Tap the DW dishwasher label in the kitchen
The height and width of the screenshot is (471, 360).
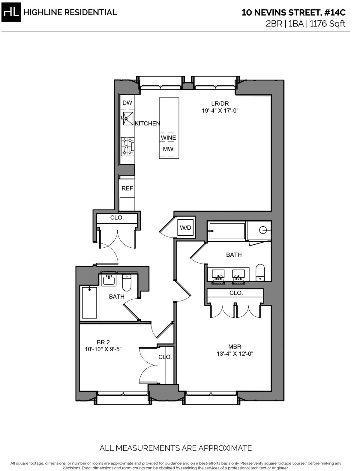pos(127,103)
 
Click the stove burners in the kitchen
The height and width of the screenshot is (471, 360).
pos(127,146)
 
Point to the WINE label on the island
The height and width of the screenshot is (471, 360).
pos(168,138)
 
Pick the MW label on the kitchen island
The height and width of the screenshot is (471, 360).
pos(168,149)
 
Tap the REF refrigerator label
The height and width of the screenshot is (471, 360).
pos(127,189)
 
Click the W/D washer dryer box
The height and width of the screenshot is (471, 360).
pos(185,228)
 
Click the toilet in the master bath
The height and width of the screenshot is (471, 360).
pos(260,272)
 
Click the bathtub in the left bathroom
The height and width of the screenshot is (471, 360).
pos(90,303)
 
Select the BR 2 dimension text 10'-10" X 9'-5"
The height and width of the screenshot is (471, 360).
pos(103,349)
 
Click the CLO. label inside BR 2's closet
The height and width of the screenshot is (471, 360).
pos(165,357)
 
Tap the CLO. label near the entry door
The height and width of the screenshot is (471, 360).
pos(117,218)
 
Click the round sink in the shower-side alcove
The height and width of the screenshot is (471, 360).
pos(263,230)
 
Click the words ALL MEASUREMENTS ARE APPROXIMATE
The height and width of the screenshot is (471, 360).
pos(175,448)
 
